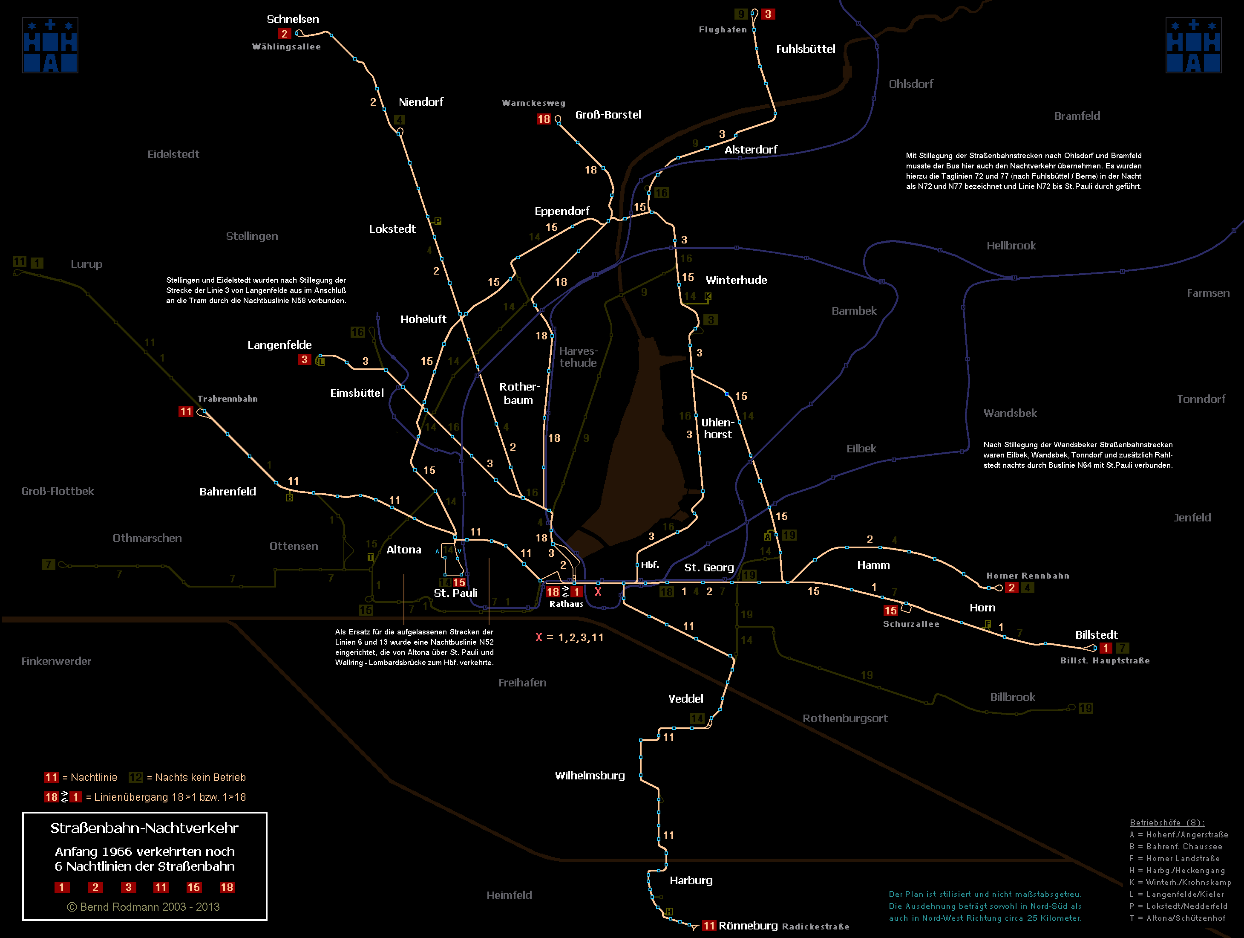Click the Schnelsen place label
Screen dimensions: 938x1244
click(292, 19)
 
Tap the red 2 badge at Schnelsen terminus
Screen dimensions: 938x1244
click(284, 34)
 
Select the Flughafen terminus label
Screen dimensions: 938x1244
click(723, 30)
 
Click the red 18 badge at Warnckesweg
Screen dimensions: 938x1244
click(543, 119)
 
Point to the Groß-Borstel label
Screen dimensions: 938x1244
click(608, 115)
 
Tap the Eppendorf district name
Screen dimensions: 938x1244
click(562, 211)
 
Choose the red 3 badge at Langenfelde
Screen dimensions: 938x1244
click(304, 359)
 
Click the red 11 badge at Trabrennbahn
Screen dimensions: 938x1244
click(186, 412)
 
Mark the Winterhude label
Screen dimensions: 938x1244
click(736, 280)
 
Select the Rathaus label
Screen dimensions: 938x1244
click(566, 604)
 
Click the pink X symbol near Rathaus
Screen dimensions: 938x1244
click(598, 592)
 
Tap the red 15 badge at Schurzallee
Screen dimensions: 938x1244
click(890, 611)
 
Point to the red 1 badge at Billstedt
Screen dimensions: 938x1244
click(1106, 648)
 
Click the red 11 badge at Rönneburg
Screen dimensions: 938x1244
click(708, 926)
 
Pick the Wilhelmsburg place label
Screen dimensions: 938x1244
click(590, 776)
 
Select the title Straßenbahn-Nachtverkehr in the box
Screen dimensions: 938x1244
click(144, 828)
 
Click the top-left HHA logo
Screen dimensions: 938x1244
click(50, 46)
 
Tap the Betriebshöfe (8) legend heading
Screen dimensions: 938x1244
click(1167, 822)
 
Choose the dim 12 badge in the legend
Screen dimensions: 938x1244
click(135, 778)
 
